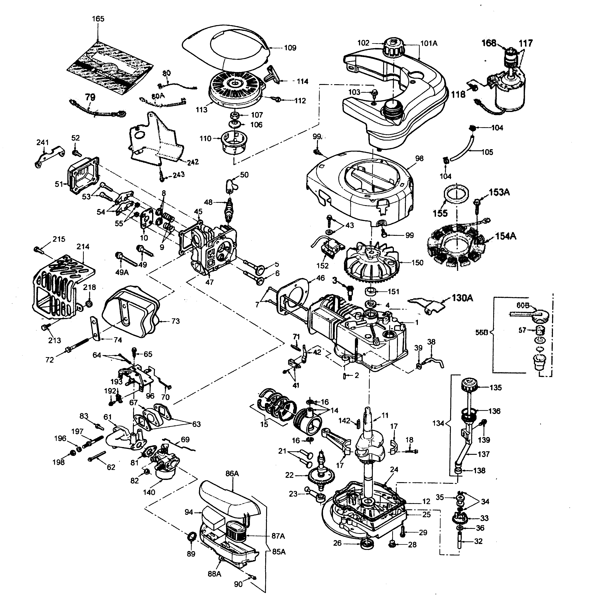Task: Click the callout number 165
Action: (x=98, y=19)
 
